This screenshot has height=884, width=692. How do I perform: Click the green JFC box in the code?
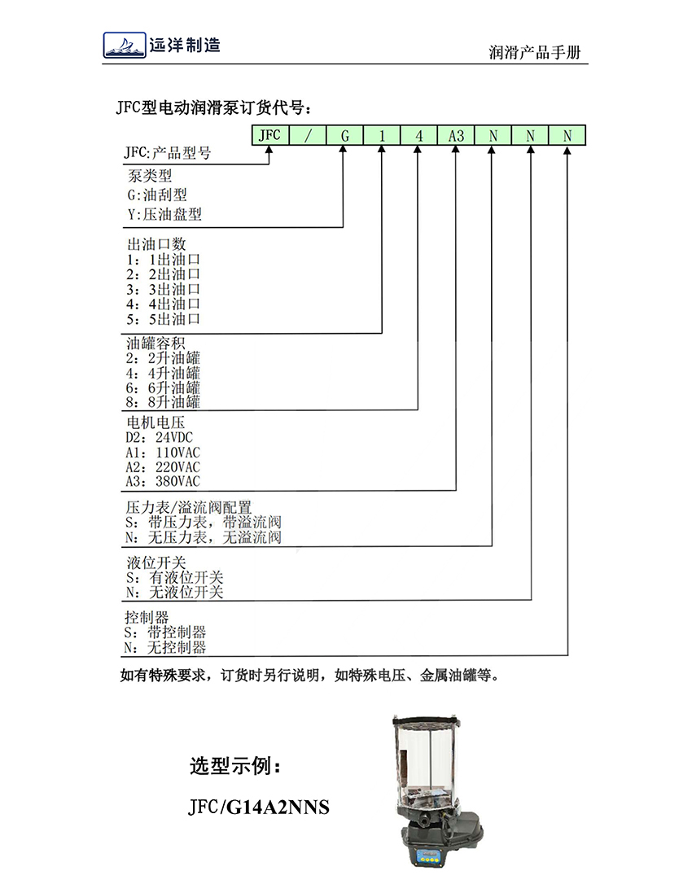click(270, 135)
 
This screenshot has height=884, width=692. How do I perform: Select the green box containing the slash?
click(308, 135)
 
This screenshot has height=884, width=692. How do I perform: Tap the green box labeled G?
click(344, 135)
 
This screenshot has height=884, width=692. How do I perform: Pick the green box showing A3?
click(456, 135)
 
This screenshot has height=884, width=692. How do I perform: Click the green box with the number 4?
click(418, 135)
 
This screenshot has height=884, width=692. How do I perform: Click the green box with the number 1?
click(382, 135)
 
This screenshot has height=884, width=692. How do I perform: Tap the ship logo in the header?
click(125, 45)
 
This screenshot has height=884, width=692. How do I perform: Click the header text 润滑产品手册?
click(535, 52)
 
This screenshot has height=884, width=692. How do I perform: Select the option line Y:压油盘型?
click(164, 214)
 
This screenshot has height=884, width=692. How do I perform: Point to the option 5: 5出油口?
click(163, 319)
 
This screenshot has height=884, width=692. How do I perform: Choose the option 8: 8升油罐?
click(163, 402)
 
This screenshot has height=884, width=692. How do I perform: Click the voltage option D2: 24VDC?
click(159, 437)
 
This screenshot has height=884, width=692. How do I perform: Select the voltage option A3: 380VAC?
click(163, 481)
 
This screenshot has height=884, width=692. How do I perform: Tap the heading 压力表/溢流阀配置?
click(188, 507)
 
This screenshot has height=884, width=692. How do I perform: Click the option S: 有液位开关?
click(175, 577)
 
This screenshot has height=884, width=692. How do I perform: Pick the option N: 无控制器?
click(165, 647)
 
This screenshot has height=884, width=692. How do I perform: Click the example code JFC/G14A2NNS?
click(259, 807)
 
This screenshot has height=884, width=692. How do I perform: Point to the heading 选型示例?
click(234, 766)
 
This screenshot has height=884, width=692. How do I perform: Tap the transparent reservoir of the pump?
click(426, 761)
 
